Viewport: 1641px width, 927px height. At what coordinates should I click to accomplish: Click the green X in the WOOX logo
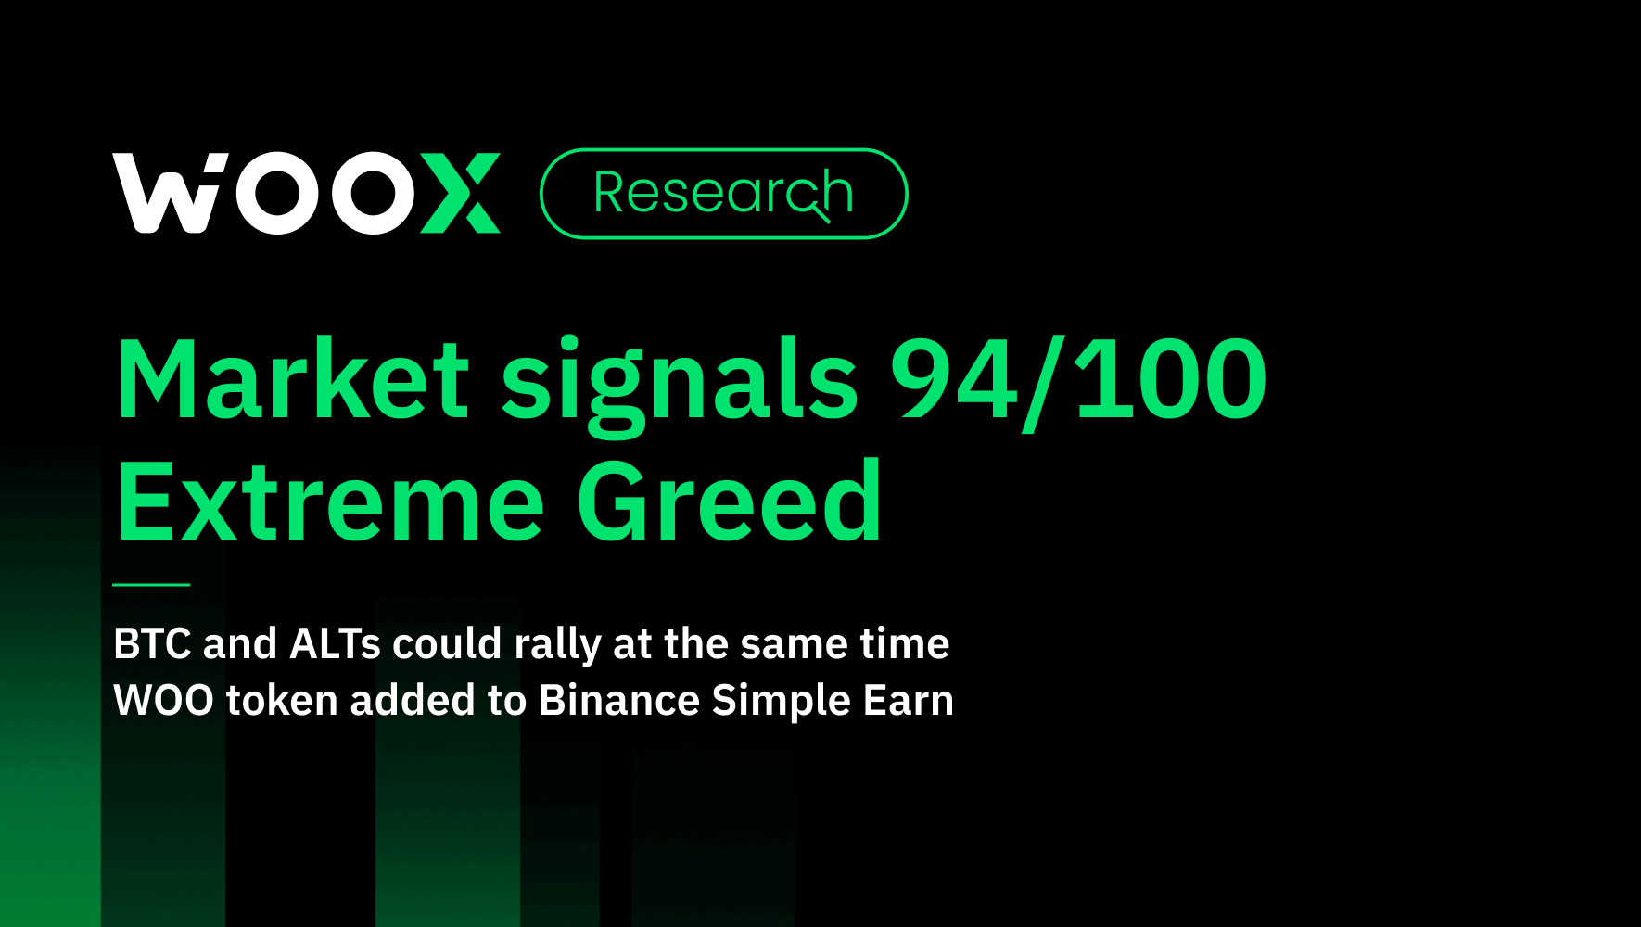tap(461, 194)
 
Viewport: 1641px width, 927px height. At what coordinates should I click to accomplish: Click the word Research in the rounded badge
tap(722, 193)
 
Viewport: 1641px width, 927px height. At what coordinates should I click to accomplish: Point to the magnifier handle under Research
tap(821, 215)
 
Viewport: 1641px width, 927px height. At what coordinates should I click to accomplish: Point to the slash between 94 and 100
tap(1045, 382)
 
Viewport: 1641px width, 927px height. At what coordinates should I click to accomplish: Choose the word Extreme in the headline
tap(330, 502)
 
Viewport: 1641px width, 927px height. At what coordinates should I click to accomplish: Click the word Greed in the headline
tap(729, 502)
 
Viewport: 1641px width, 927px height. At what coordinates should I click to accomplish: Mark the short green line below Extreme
tap(151, 585)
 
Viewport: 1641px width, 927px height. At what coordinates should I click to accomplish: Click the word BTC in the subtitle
tap(152, 643)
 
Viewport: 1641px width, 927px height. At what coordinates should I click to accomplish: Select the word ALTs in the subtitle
tap(335, 643)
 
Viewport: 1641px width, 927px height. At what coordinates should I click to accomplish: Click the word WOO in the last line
tap(163, 700)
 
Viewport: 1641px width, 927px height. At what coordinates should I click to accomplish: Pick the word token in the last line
tap(281, 700)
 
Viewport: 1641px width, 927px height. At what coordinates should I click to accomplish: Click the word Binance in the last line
tap(618, 700)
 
